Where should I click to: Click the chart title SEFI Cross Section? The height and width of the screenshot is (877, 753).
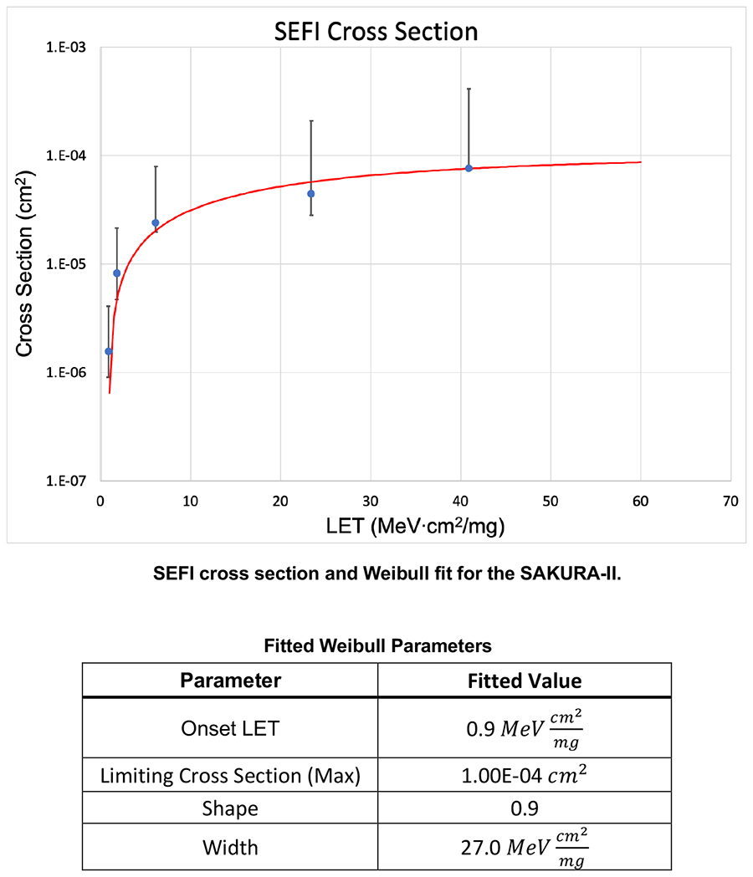click(376, 33)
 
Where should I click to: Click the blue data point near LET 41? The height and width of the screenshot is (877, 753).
click(469, 168)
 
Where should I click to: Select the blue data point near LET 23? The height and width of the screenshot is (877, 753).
click(311, 193)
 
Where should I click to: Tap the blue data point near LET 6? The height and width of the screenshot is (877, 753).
click(155, 222)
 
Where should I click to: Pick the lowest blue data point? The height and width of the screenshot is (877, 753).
click(108, 351)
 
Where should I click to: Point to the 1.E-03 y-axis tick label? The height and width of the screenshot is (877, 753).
click(69, 48)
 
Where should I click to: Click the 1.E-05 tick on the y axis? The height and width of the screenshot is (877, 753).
click(69, 264)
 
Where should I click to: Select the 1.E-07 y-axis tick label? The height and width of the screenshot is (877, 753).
click(69, 481)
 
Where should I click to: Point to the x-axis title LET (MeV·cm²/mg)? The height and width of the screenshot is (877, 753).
click(416, 527)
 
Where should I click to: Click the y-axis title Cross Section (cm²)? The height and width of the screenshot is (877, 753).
click(25, 263)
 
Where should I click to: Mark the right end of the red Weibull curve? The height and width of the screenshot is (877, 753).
click(640, 162)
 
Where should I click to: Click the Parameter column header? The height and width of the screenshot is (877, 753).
click(230, 681)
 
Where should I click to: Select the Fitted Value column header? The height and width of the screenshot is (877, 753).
click(524, 681)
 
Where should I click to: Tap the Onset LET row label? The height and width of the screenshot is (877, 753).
click(230, 728)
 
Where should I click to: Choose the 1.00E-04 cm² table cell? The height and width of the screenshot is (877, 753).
click(524, 776)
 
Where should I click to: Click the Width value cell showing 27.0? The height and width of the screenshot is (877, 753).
click(524, 847)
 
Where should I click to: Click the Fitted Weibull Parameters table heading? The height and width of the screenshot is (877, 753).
click(376, 645)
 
